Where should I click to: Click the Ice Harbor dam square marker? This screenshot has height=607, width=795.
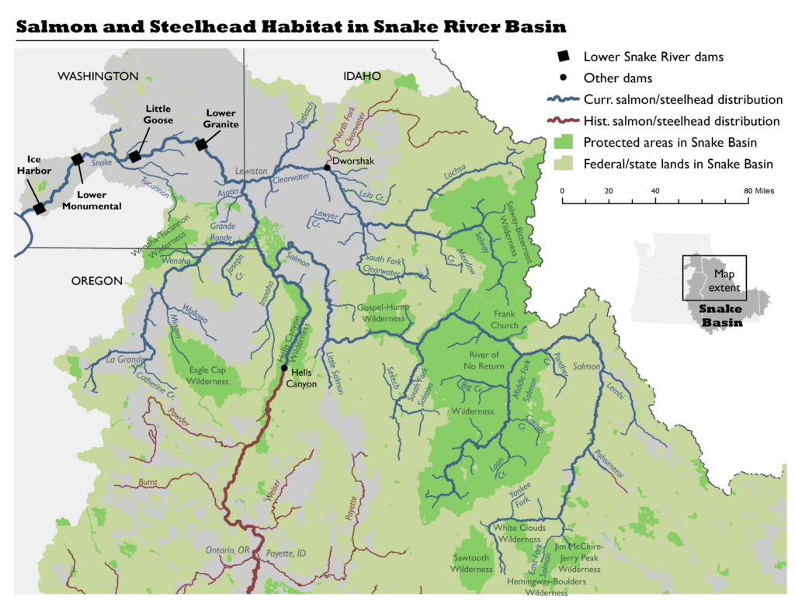click(x=39, y=208)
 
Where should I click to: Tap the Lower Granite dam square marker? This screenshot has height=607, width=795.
click(x=201, y=144)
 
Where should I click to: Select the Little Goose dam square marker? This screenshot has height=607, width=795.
click(x=134, y=157)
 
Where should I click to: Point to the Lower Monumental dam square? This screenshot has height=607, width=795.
click(x=77, y=160)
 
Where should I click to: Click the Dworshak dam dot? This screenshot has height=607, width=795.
click(x=327, y=168)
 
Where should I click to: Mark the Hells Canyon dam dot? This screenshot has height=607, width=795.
click(x=284, y=368)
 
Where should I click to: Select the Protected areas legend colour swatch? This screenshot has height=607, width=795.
click(x=564, y=142)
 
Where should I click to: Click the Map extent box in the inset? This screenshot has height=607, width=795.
click(x=714, y=278)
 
